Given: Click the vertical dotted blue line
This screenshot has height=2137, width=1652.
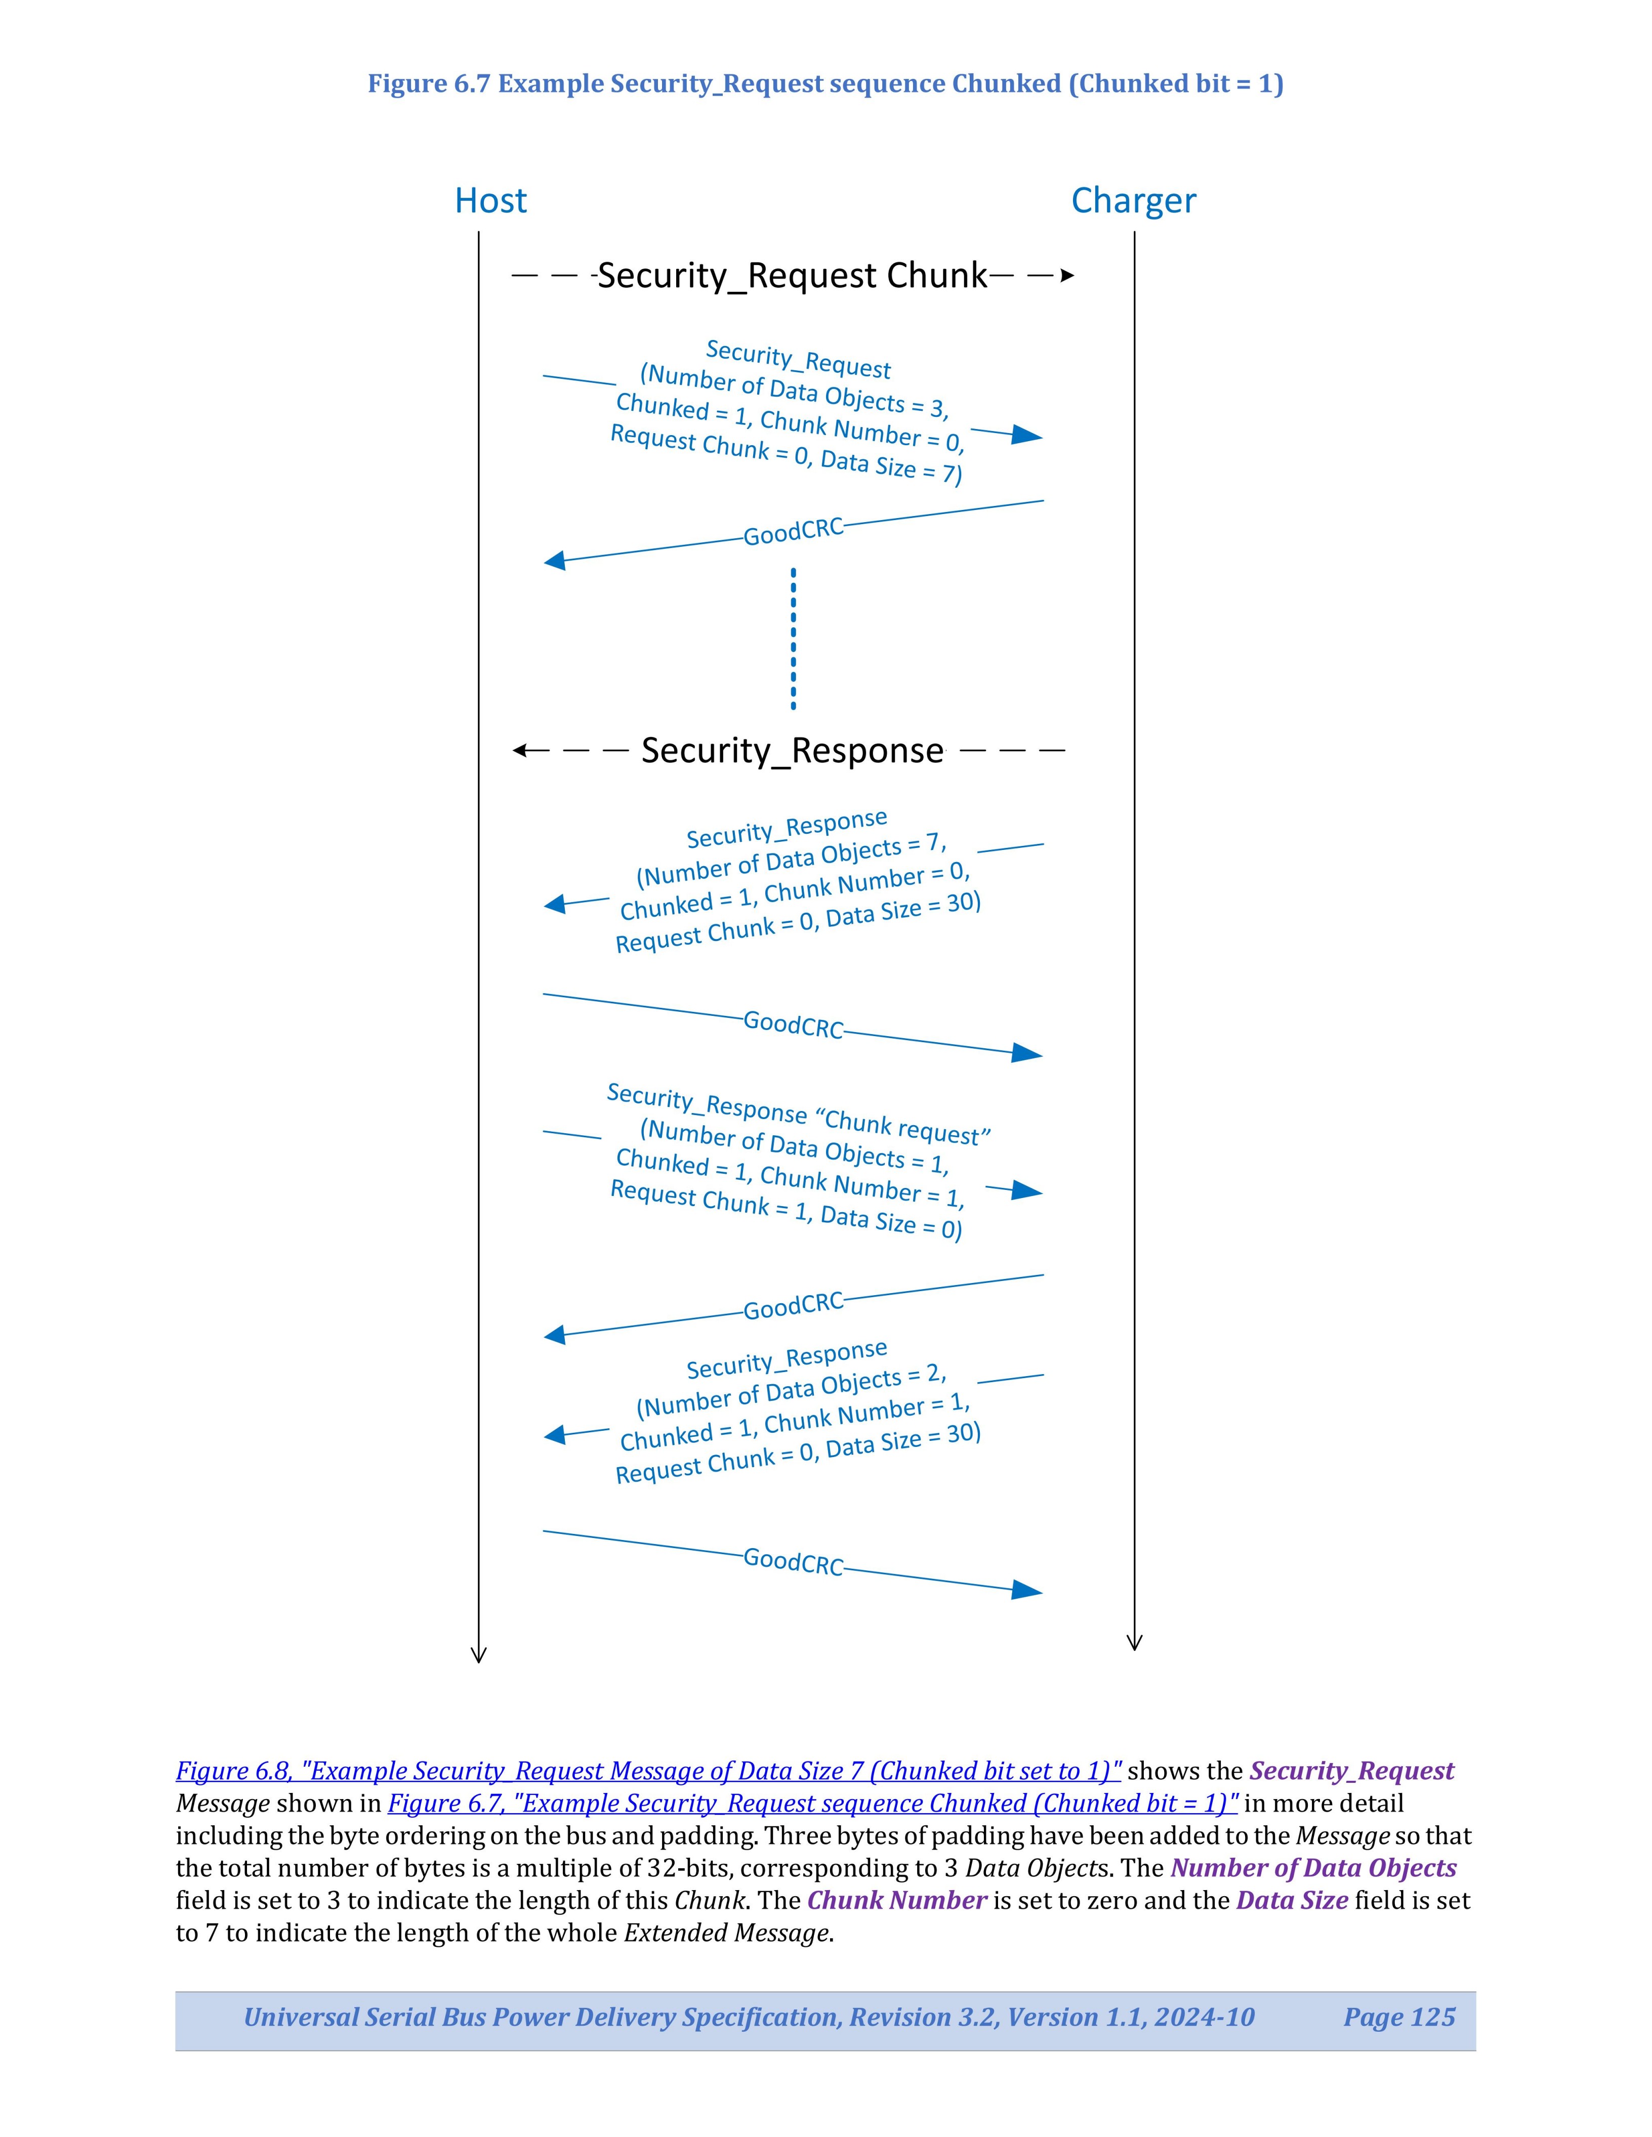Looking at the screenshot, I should coord(793,638).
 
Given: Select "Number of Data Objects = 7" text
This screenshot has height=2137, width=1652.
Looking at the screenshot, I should coord(791,858).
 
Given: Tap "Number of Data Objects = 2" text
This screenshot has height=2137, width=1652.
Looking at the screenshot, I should coord(791,1390).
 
